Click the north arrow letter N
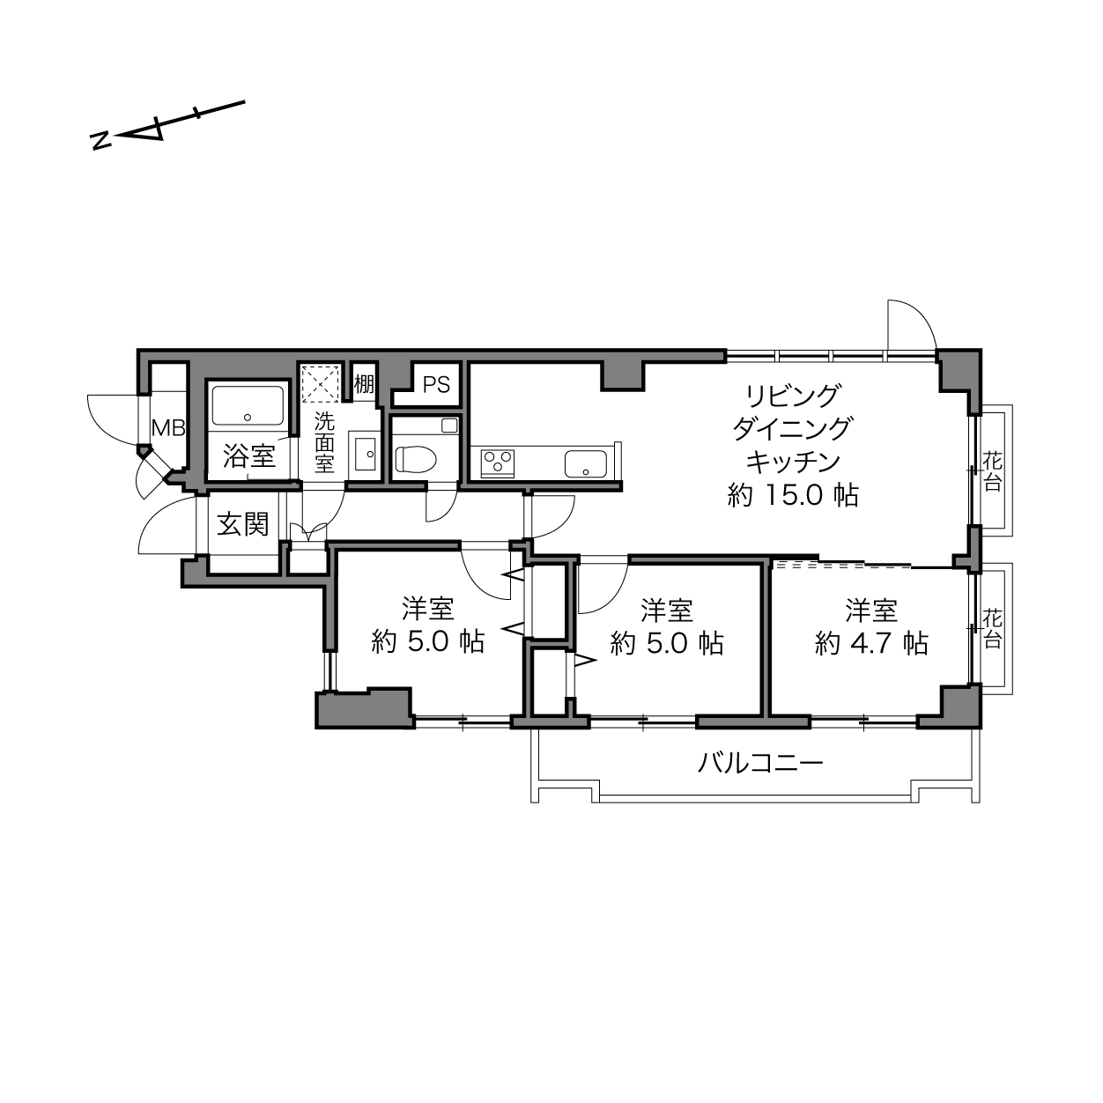pos(101,141)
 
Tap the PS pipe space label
pos(436,385)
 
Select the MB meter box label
pos(168,427)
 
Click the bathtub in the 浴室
pos(248,404)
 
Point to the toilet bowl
pos(416,458)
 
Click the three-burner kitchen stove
pos(498,463)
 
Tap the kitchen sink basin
pos(586,463)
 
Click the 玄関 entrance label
pos(242,523)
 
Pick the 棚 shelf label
pos(364,384)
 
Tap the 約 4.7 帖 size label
pos(871,643)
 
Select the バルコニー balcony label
pos(760,763)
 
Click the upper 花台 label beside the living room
pos(993,471)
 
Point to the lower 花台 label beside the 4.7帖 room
pos(993,629)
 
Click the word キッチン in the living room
pos(793,462)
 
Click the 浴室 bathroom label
pos(249,456)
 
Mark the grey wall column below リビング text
pos(623,377)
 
